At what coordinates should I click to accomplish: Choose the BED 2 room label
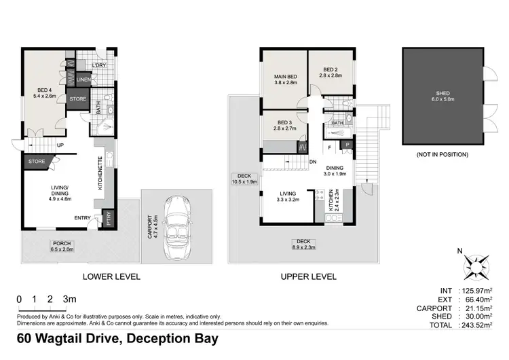pos(331,73)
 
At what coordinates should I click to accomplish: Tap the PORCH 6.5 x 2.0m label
pos(60,246)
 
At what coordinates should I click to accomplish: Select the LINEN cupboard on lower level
pos(83,80)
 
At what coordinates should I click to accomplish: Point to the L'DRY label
pos(100,65)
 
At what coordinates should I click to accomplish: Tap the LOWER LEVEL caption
pos(111,276)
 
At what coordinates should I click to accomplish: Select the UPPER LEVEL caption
pos(308,276)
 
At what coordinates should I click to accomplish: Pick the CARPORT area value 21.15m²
pos(474,308)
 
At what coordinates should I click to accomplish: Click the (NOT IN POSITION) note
pos(442,155)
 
